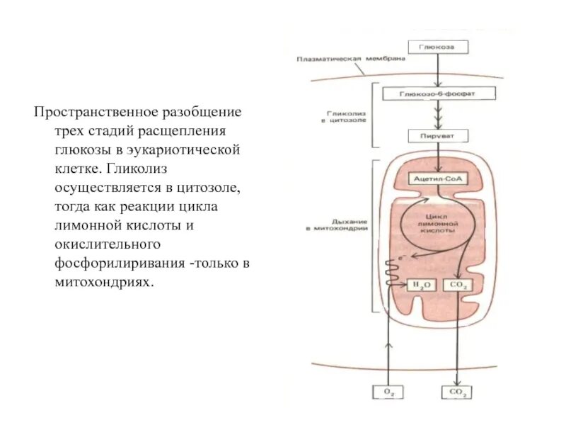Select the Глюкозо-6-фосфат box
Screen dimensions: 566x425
coord(439,93)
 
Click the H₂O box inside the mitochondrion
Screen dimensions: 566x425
coord(422,285)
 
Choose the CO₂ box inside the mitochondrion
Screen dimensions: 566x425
coord(458,285)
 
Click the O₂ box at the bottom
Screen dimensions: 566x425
coord(387,392)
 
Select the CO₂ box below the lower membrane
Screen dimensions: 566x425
coord(456,392)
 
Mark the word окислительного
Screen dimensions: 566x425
coord(105,244)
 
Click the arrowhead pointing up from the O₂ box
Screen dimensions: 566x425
coord(387,345)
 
